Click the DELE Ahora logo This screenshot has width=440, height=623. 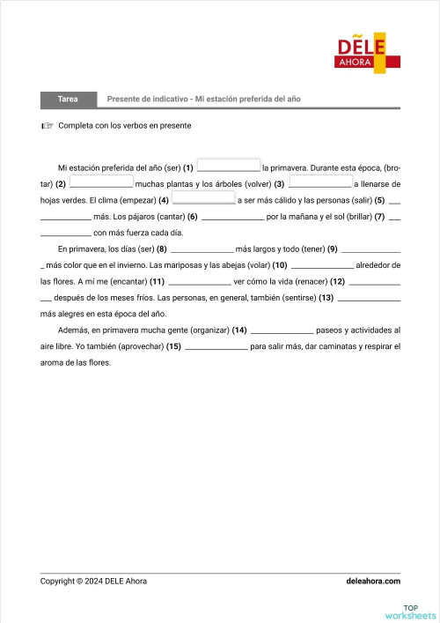tap(368, 52)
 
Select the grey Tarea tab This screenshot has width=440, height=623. tap(67, 99)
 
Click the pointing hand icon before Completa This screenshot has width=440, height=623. tap(47, 126)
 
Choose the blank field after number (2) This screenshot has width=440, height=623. tap(100, 182)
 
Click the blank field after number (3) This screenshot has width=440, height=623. tap(319, 182)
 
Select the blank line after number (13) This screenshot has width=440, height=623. tap(369, 297)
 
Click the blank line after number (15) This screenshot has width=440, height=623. tap(216, 346)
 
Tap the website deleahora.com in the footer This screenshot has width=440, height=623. tap(374, 581)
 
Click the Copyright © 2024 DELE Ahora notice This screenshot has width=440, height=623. tap(93, 581)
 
